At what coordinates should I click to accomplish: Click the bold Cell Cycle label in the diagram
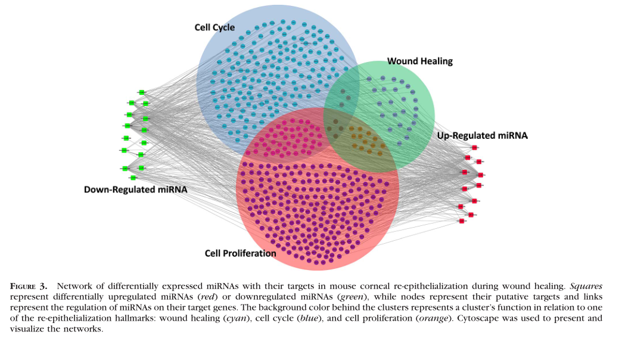tap(214, 27)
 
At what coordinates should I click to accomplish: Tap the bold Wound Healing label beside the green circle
tap(419, 61)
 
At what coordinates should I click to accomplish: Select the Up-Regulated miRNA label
tap(482, 136)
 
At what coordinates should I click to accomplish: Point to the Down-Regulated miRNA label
tap(135, 190)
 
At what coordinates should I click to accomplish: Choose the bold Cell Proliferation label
tap(240, 253)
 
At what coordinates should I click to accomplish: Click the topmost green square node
tap(142, 92)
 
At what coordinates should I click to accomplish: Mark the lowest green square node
tap(133, 178)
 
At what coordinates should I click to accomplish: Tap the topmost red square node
tap(474, 147)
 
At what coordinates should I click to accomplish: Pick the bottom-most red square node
tap(462, 221)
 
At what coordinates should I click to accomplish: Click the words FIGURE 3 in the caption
tap(30, 286)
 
